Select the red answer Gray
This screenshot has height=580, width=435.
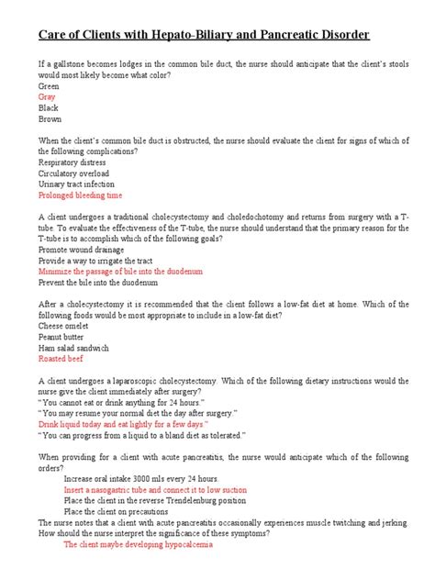tap(47, 95)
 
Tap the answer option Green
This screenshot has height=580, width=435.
tap(50, 84)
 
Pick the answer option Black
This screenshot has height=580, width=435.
tap(49, 107)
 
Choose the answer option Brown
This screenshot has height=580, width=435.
tap(50, 119)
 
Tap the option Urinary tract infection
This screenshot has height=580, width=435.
tap(77, 184)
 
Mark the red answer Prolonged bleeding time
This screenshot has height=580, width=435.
tap(81, 195)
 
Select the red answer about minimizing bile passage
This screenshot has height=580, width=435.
tap(120, 272)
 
